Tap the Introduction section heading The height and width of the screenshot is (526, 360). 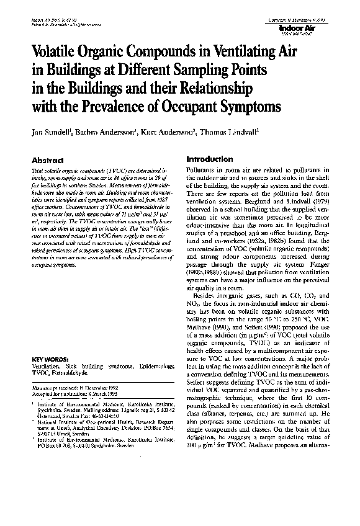point(210,159)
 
